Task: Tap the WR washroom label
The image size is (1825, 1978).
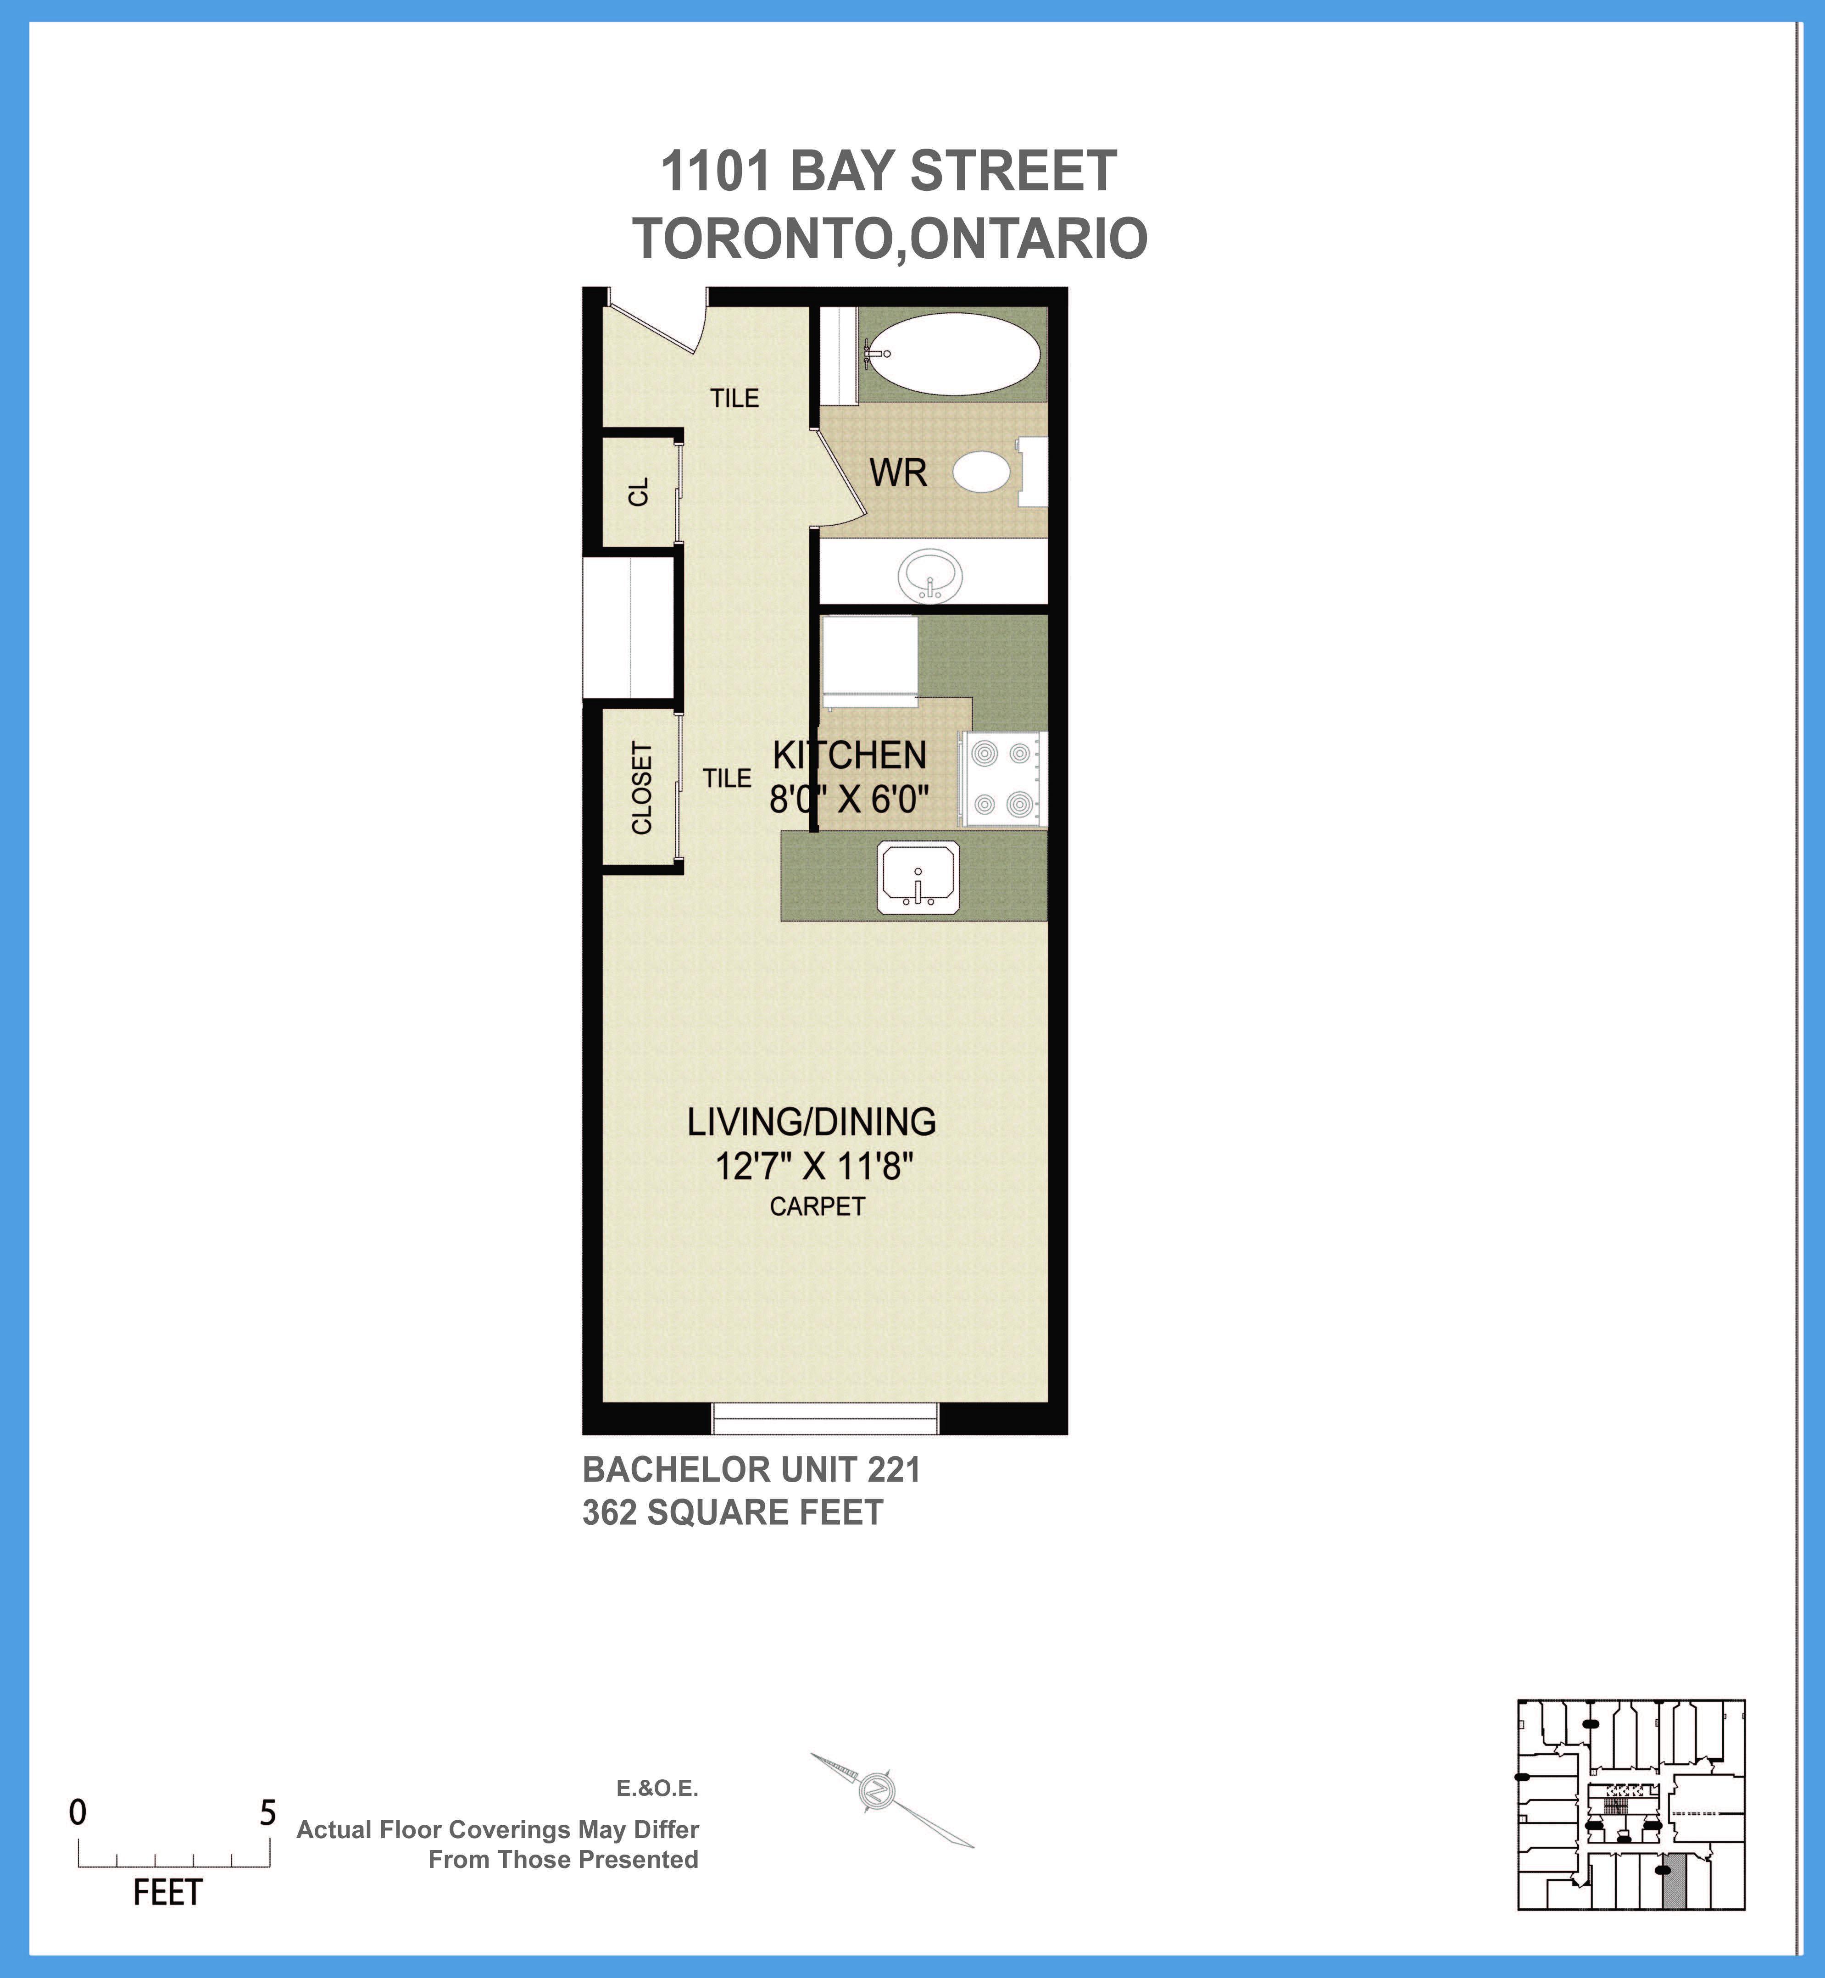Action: coord(898,473)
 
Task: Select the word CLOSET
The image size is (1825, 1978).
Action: coord(642,788)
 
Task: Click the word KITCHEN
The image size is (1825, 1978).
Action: coord(849,756)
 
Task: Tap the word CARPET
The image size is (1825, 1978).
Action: coord(817,1207)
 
